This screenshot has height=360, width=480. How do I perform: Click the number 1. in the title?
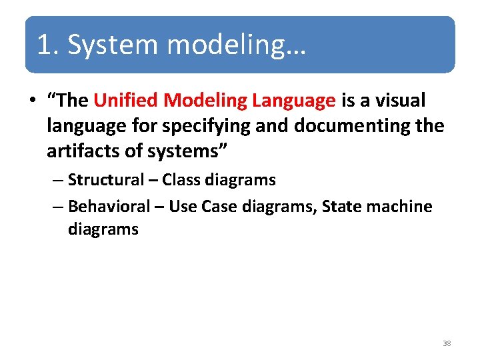[x=49, y=45]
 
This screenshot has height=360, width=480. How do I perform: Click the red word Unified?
[x=125, y=101]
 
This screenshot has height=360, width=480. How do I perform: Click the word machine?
[x=400, y=207]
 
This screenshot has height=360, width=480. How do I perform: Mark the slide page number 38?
[x=447, y=343]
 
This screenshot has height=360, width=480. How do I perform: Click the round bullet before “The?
[x=32, y=101]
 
